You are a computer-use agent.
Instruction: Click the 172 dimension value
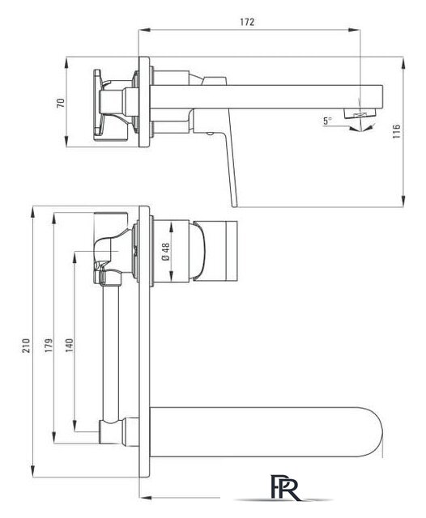coord(247,22)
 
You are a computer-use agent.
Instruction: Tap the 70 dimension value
coord(61,103)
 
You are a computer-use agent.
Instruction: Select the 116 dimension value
coord(397,131)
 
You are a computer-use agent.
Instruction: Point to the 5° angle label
coord(327,121)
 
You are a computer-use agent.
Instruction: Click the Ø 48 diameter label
coord(165,252)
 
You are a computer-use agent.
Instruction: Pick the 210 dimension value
coord(26,346)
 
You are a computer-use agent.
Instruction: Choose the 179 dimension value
coord(49,346)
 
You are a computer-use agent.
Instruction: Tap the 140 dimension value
coord(69,346)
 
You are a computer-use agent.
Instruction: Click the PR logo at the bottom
coord(285,487)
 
